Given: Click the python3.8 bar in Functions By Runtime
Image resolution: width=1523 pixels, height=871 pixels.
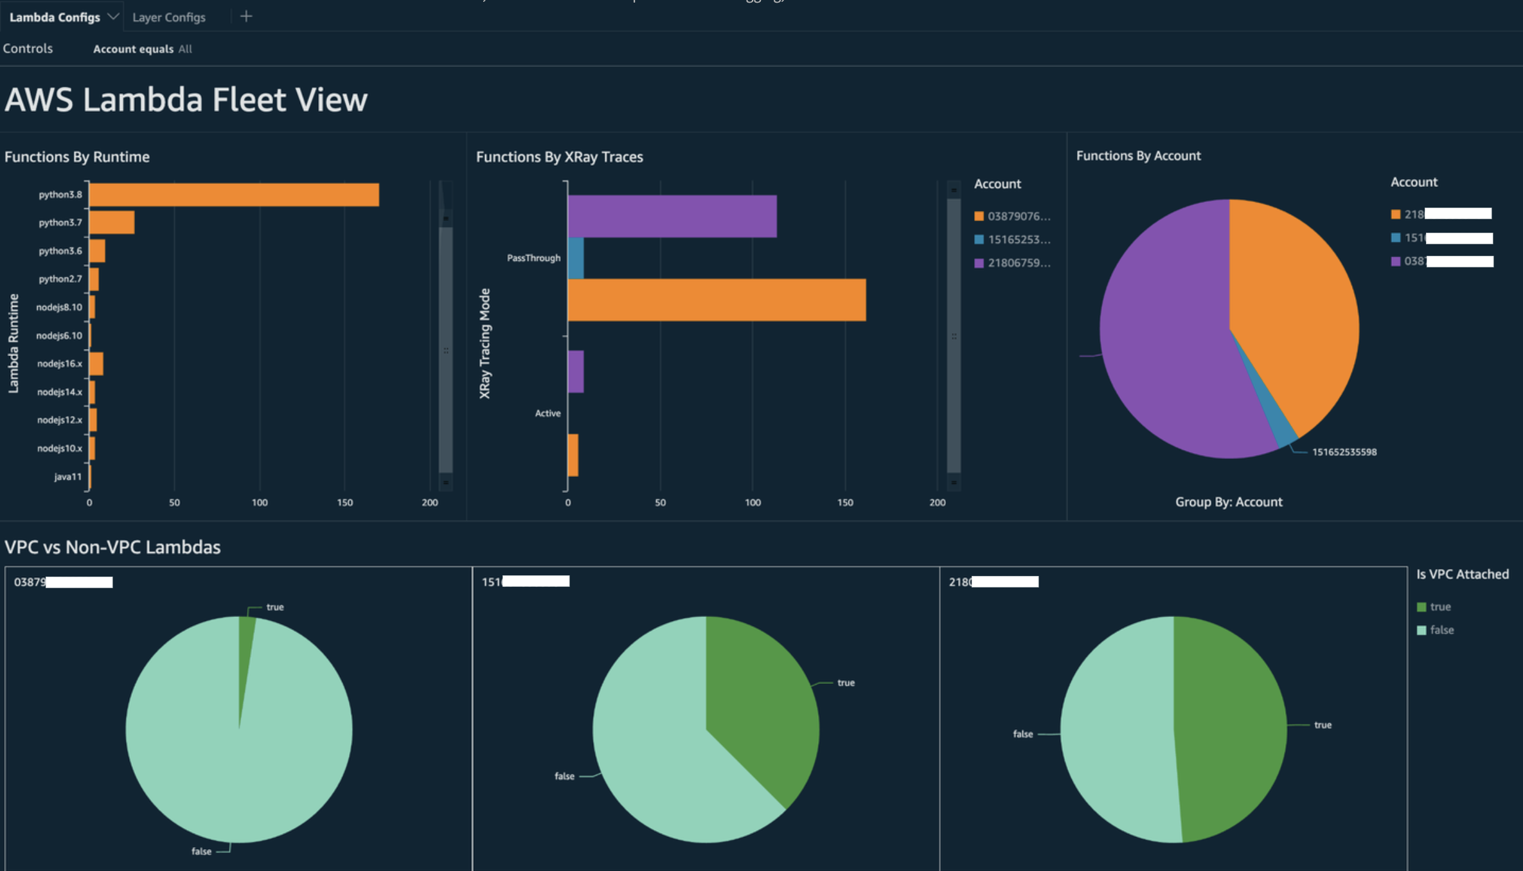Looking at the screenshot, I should tap(234, 195).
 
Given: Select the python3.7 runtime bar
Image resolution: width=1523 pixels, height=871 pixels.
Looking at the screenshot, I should tap(112, 222).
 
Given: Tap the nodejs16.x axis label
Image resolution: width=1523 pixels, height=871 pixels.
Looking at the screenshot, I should tap(60, 364).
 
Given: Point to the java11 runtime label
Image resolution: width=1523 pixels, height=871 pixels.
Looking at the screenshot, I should tap(68, 477).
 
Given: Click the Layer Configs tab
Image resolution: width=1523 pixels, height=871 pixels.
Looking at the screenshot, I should tap(169, 17).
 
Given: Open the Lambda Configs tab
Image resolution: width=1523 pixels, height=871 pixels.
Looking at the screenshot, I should tap(55, 17).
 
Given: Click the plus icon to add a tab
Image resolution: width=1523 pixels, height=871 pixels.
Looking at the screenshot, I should tap(246, 17).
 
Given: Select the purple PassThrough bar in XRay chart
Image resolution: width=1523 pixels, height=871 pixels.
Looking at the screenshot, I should tap(672, 217).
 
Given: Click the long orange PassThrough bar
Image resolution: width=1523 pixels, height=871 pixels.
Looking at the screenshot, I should tap(717, 300).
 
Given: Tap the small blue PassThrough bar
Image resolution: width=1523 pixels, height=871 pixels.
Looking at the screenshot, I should tap(576, 258).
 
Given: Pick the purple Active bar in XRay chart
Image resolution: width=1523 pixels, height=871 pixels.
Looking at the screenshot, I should tap(576, 372).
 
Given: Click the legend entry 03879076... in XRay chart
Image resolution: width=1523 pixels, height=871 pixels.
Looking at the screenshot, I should tap(1018, 217).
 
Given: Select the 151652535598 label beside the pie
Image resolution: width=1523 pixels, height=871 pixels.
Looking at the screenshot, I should tap(1344, 453).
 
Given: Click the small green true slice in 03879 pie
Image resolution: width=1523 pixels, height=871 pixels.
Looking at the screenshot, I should tap(247, 636).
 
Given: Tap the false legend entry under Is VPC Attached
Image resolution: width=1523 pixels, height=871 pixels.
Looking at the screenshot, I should tap(1441, 631).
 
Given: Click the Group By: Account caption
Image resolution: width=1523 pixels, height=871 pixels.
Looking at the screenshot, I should tap(1229, 502).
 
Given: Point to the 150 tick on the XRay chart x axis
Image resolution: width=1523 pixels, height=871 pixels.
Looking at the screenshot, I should tap(845, 503).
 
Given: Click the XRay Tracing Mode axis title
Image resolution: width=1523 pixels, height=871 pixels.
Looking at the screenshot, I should tap(485, 343).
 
